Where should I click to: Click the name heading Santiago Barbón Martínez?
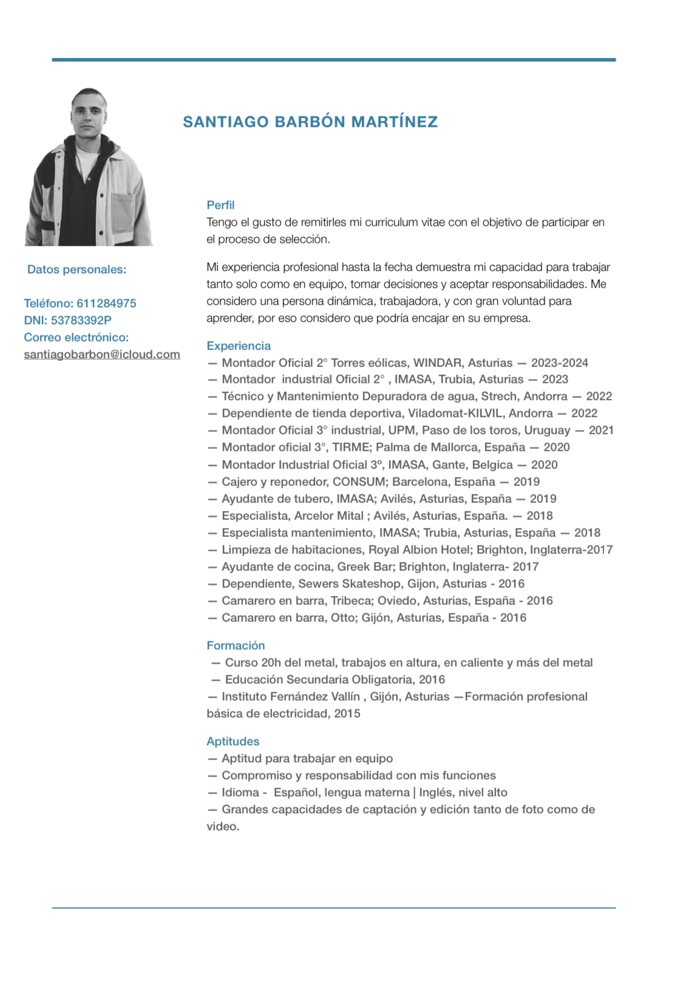(310, 122)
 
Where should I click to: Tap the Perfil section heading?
(220, 205)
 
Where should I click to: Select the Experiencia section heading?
(239, 346)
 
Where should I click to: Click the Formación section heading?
(236, 645)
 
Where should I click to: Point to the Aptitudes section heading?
(233, 741)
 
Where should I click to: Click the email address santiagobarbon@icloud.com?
(102, 354)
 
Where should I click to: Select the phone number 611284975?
(106, 303)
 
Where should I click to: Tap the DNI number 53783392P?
(81, 320)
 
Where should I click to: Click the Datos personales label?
(77, 269)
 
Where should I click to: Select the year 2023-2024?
(559, 363)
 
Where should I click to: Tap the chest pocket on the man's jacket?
(123, 212)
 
